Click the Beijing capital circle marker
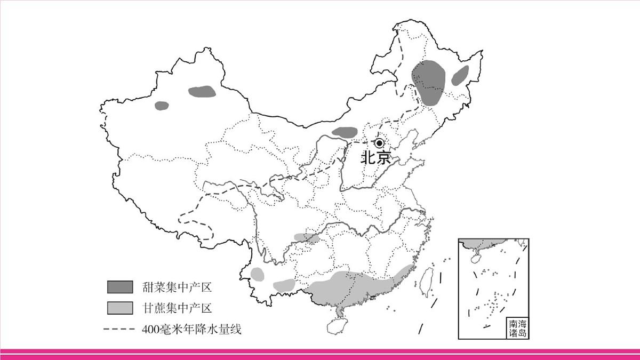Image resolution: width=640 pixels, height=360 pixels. click(x=379, y=143)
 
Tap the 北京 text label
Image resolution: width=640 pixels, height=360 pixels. click(x=376, y=158)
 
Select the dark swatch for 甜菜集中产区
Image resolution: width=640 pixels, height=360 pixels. click(x=120, y=287)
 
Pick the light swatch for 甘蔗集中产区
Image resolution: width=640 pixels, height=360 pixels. click(x=120, y=308)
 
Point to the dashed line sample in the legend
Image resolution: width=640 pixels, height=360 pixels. click(x=120, y=330)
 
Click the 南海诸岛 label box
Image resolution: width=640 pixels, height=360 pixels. click(x=518, y=329)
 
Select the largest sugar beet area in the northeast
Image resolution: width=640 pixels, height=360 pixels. click(x=430, y=83)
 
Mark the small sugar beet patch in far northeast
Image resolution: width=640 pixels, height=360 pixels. click(x=460, y=76)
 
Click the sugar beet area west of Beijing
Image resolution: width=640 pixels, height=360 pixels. click(x=345, y=132)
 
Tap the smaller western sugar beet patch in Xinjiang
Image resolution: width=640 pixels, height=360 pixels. click(x=162, y=106)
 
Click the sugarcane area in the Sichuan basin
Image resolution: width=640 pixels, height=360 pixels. click(x=307, y=237)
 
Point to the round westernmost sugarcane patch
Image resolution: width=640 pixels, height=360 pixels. click(x=258, y=274)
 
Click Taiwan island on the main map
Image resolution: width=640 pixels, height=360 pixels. click(x=426, y=282)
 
